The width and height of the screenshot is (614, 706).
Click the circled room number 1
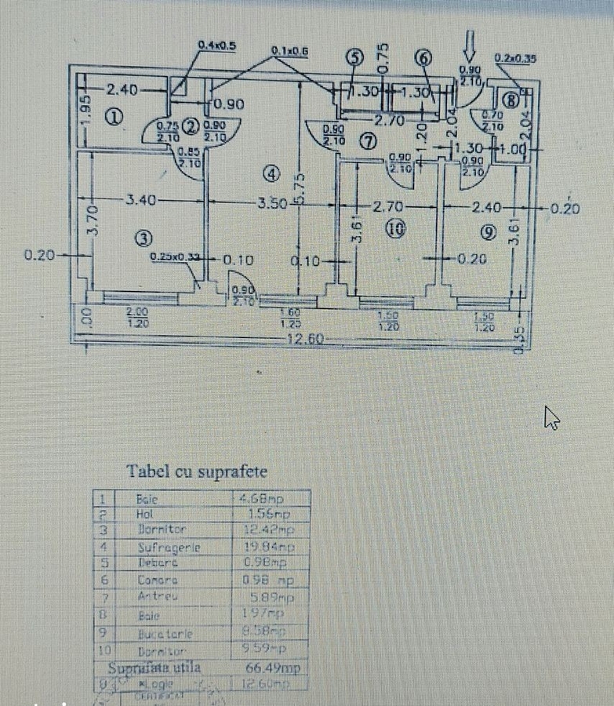click(x=113, y=118)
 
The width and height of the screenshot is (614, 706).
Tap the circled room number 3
click(x=145, y=238)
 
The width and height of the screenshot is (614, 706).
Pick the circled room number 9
click(x=489, y=232)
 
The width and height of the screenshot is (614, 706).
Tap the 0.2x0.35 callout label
click(x=515, y=57)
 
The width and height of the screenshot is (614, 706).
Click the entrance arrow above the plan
click(x=470, y=45)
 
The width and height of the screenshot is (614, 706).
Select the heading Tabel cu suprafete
click(x=197, y=471)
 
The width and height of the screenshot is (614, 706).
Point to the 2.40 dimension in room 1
click(x=122, y=90)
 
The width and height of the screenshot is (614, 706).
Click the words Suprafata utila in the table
click(x=154, y=668)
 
